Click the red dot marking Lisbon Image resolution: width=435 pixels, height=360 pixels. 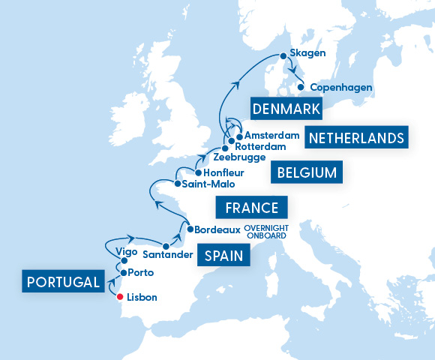click(120, 297)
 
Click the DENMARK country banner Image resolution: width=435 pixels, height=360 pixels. click(287, 109)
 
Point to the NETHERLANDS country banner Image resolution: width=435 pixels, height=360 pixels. click(356, 138)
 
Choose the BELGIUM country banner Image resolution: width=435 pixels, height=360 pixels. click(307, 173)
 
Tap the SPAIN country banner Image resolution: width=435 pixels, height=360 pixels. click(223, 256)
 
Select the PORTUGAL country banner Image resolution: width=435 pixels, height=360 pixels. click(62, 282)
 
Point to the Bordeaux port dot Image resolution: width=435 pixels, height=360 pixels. click(189, 229)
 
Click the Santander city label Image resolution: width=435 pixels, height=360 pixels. click(136, 255)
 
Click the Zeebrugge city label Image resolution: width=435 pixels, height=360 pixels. click(239, 157)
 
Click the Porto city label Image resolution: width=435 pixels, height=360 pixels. click(141, 272)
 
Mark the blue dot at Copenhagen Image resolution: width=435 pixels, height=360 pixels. click(301, 87)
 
